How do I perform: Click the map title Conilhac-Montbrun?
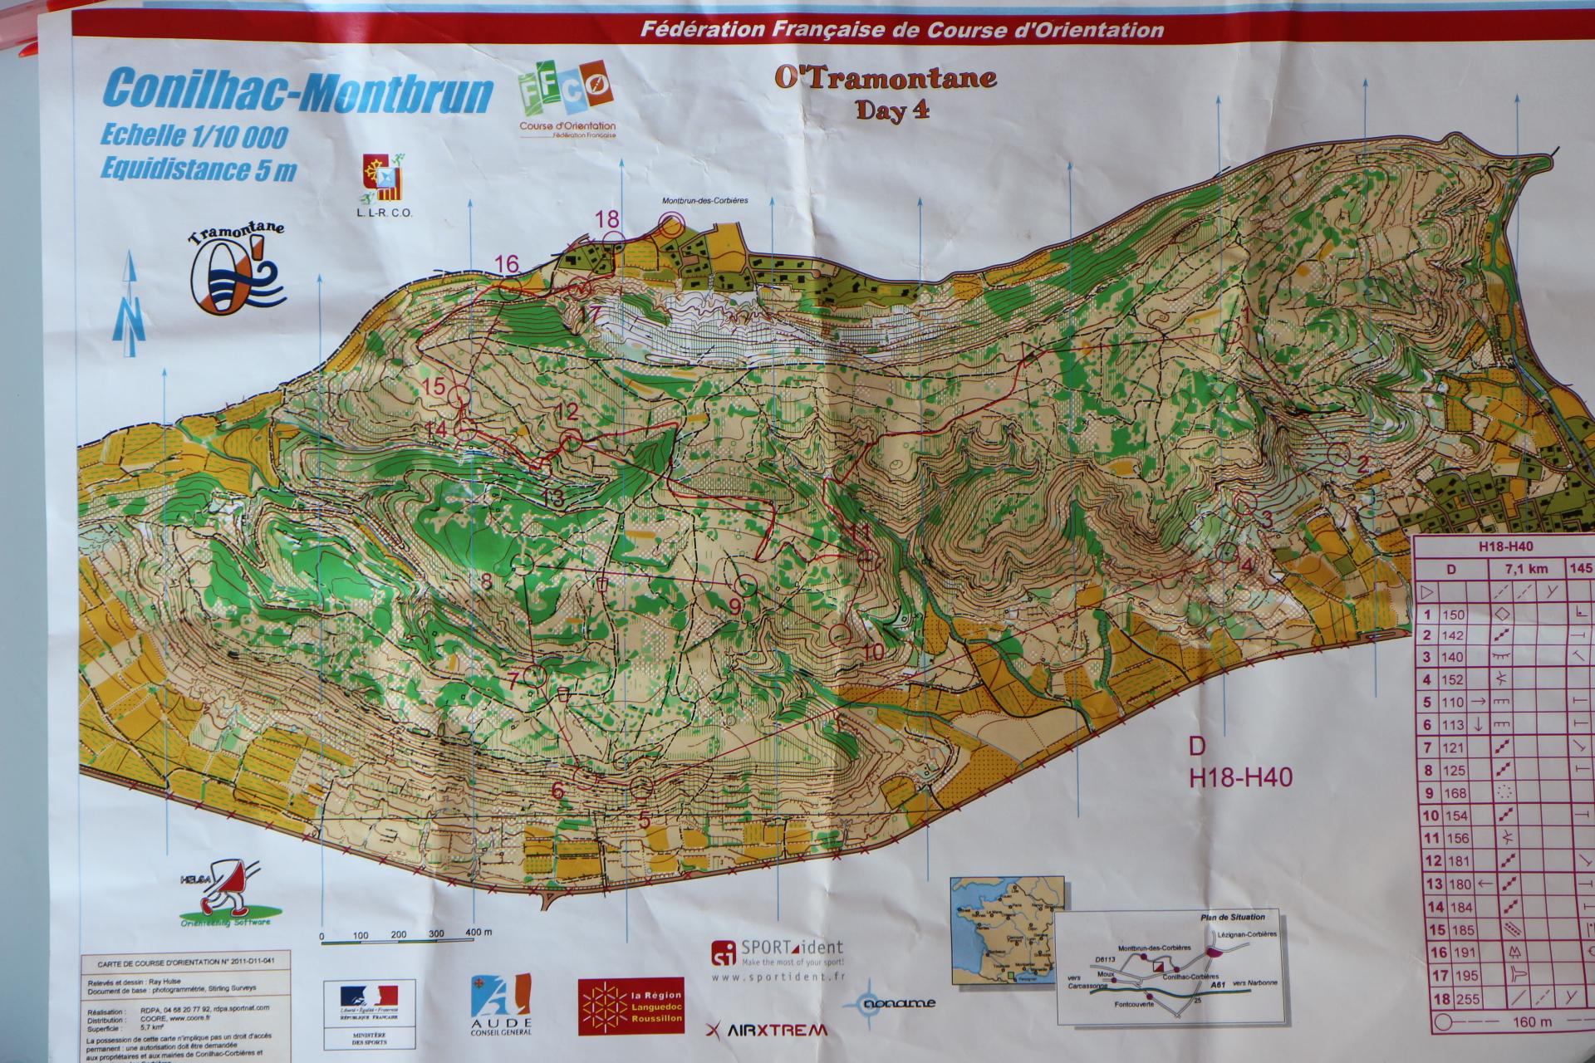point(297,91)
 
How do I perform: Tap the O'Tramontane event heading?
point(885,78)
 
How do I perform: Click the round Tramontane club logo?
point(237,271)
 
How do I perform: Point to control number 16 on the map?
point(507,265)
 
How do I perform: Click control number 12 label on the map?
point(566,411)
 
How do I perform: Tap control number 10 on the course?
point(872,653)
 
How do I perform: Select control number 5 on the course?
point(645,819)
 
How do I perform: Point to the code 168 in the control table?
point(1455,793)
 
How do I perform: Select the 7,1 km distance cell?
point(1525,569)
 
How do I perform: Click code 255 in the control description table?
point(1467,999)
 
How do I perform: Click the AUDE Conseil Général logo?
point(501,1005)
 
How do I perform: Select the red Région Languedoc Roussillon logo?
point(631,1006)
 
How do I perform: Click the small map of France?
point(1006,930)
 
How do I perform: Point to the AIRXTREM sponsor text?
point(766,1030)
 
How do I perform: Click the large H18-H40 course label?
point(1240,777)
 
